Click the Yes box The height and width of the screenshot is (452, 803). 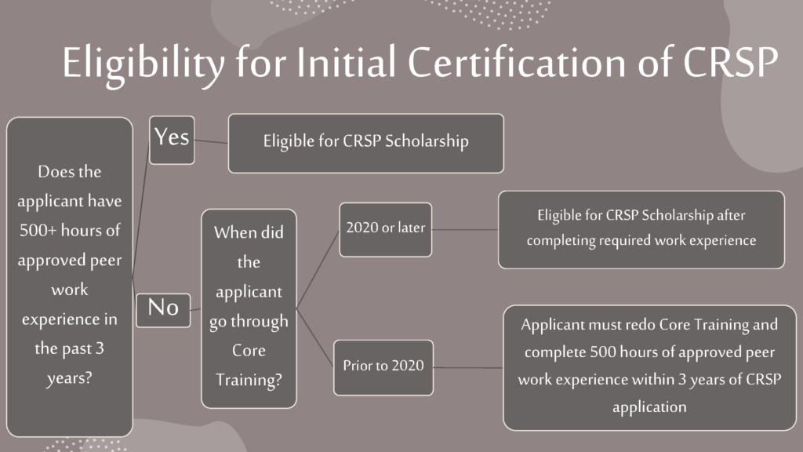coord(172,140)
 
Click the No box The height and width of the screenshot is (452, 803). coord(163,311)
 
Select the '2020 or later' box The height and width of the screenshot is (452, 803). coord(386,230)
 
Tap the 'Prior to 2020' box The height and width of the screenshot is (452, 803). coord(383,367)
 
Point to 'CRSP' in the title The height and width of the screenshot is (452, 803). coord(731,62)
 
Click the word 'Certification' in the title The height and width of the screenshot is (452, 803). coord(517,62)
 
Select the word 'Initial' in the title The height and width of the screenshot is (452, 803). coord(347,61)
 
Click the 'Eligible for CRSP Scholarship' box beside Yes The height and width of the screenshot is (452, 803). coord(365,144)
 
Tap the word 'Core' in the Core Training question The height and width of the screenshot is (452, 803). coord(249,351)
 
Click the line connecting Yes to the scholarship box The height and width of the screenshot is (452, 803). coord(211,141)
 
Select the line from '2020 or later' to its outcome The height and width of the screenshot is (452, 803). coord(465,230)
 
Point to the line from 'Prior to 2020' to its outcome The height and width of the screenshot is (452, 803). coord(468,367)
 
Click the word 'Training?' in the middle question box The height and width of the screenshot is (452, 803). coord(249,381)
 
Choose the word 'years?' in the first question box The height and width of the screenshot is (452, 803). coord(70,379)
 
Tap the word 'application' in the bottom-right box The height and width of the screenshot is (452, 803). coord(649,407)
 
